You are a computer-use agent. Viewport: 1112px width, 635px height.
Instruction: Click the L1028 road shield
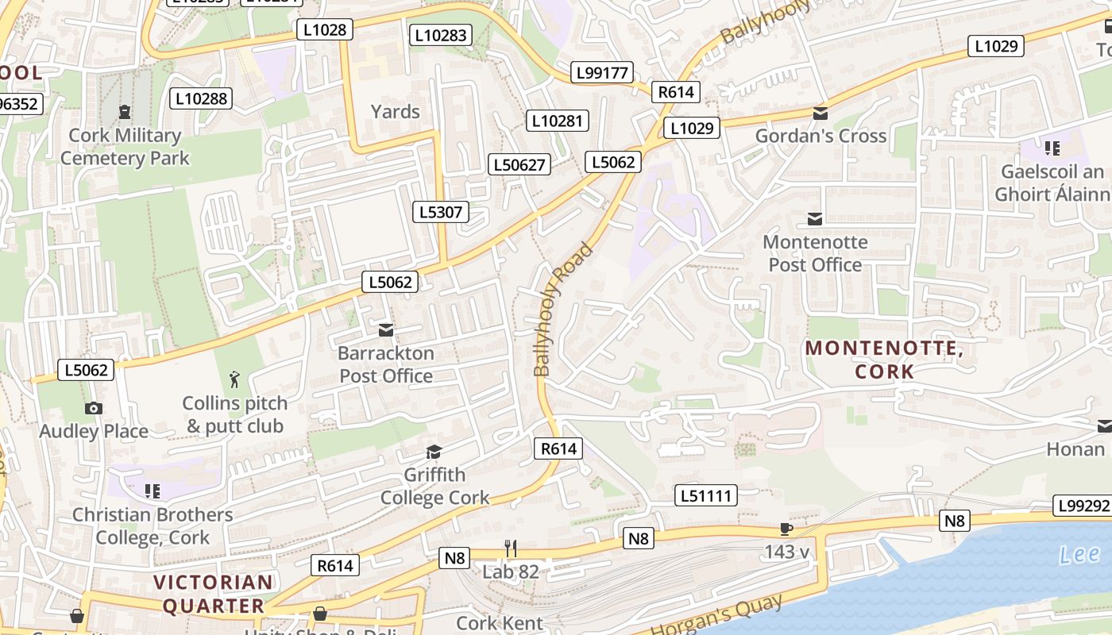[x=325, y=30]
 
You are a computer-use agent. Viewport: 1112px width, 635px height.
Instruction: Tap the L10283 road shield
[x=441, y=35]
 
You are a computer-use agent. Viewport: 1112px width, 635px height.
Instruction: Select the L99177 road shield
[x=602, y=73]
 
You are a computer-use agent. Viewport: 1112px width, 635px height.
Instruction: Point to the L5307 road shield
[x=441, y=212]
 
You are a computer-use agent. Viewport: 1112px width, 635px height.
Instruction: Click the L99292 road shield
[x=1082, y=506]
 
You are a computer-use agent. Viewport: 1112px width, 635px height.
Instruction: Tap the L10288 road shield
[x=201, y=98]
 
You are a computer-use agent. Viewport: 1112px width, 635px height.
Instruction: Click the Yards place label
[x=395, y=111]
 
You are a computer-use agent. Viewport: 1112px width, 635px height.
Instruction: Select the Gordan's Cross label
[x=820, y=136]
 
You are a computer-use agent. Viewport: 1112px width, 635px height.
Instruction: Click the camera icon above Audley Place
[x=94, y=408]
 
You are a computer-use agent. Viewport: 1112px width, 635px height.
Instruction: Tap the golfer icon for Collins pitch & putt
[x=234, y=379]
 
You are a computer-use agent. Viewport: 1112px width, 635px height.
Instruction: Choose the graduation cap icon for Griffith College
[x=434, y=452]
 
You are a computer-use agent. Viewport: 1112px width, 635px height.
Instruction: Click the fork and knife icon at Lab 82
[x=511, y=548]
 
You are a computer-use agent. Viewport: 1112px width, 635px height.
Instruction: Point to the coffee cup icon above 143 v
[x=786, y=529]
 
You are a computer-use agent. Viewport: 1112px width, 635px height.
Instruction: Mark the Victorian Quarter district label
[x=213, y=594]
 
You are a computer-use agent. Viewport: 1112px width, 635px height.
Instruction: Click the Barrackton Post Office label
[x=386, y=364]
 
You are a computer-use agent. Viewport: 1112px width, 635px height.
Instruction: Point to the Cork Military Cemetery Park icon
[x=125, y=112]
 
